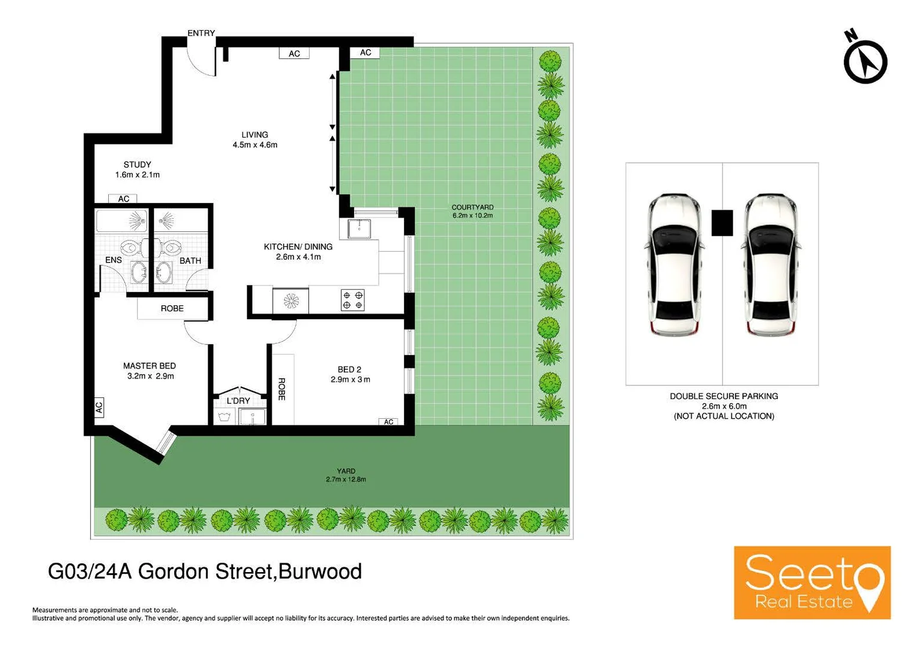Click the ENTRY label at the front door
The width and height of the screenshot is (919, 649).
click(201, 33)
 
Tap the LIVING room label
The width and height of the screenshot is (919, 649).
click(255, 135)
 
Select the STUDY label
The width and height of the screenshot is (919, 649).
click(137, 165)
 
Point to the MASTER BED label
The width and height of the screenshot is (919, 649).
click(149, 365)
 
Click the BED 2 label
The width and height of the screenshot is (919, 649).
click(349, 370)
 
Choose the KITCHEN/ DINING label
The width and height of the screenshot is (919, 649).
click(298, 246)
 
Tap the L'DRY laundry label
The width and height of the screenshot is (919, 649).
click(238, 401)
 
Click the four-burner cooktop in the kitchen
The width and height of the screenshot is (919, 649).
click(353, 300)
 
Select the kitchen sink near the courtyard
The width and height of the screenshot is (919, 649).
click(359, 228)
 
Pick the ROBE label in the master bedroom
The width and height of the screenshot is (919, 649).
click(172, 308)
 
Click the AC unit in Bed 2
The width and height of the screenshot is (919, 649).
click(389, 422)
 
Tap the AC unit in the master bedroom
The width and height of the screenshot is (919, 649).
click(99, 407)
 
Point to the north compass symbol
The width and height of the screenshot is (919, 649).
click(865, 60)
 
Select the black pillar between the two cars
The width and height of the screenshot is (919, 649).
click(722, 222)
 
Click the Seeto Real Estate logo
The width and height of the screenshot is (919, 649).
click(811, 582)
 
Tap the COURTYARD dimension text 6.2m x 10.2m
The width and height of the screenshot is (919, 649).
click(472, 216)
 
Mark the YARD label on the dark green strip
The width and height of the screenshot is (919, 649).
click(346, 471)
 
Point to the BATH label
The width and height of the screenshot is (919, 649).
click(190, 261)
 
